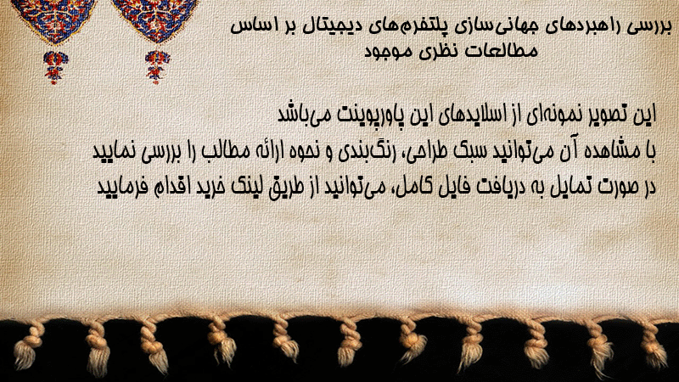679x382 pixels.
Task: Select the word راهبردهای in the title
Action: coord(579,27)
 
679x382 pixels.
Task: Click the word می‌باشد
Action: coord(306,115)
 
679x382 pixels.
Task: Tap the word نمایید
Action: coord(115,152)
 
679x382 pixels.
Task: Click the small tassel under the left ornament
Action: coord(55,67)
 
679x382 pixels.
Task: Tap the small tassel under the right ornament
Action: coord(157,67)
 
